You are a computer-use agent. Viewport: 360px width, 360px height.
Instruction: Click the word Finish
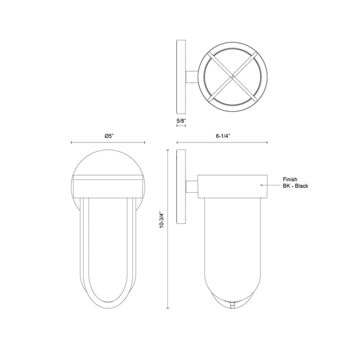tap(291, 178)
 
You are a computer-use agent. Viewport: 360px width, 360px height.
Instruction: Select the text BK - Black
tap(295, 186)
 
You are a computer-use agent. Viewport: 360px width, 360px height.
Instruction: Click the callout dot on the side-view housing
tap(261, 185)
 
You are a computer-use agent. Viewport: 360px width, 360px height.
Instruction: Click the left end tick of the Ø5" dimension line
tap(71, 143)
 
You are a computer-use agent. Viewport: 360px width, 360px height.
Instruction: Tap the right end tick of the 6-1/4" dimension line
tap(267, 143)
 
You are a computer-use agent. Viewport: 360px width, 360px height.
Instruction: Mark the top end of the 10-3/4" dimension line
tap(167, 149)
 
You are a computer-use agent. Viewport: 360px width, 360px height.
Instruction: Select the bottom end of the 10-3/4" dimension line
tap(167, 307)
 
